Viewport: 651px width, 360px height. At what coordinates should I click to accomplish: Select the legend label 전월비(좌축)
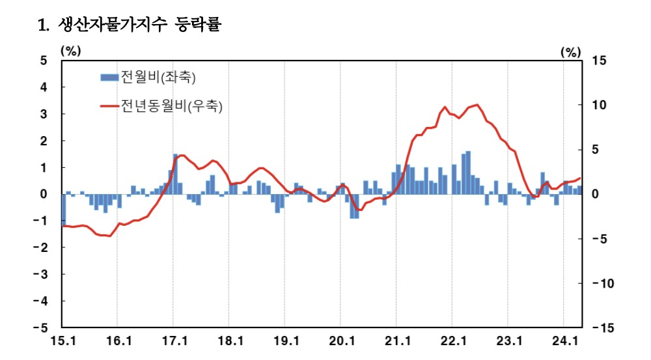tap(158, 77)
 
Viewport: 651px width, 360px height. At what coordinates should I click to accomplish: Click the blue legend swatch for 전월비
tap(109, 77)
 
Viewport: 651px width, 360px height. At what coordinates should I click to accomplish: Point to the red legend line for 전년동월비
tap(109, 105)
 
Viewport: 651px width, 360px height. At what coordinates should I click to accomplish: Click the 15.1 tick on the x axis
tap(62, 341)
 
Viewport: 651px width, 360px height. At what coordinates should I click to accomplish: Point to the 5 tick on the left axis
tap(44, 61)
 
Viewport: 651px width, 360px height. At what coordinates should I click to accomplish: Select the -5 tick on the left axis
tap(41, 328)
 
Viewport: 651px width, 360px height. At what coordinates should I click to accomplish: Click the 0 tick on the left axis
tap(44, 194)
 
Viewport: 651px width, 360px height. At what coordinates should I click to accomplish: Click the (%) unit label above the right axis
tap(570, 52)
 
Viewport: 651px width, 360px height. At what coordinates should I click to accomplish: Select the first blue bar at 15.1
tap(64, 210)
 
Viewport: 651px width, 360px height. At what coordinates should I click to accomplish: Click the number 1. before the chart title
tap(44, 26)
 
